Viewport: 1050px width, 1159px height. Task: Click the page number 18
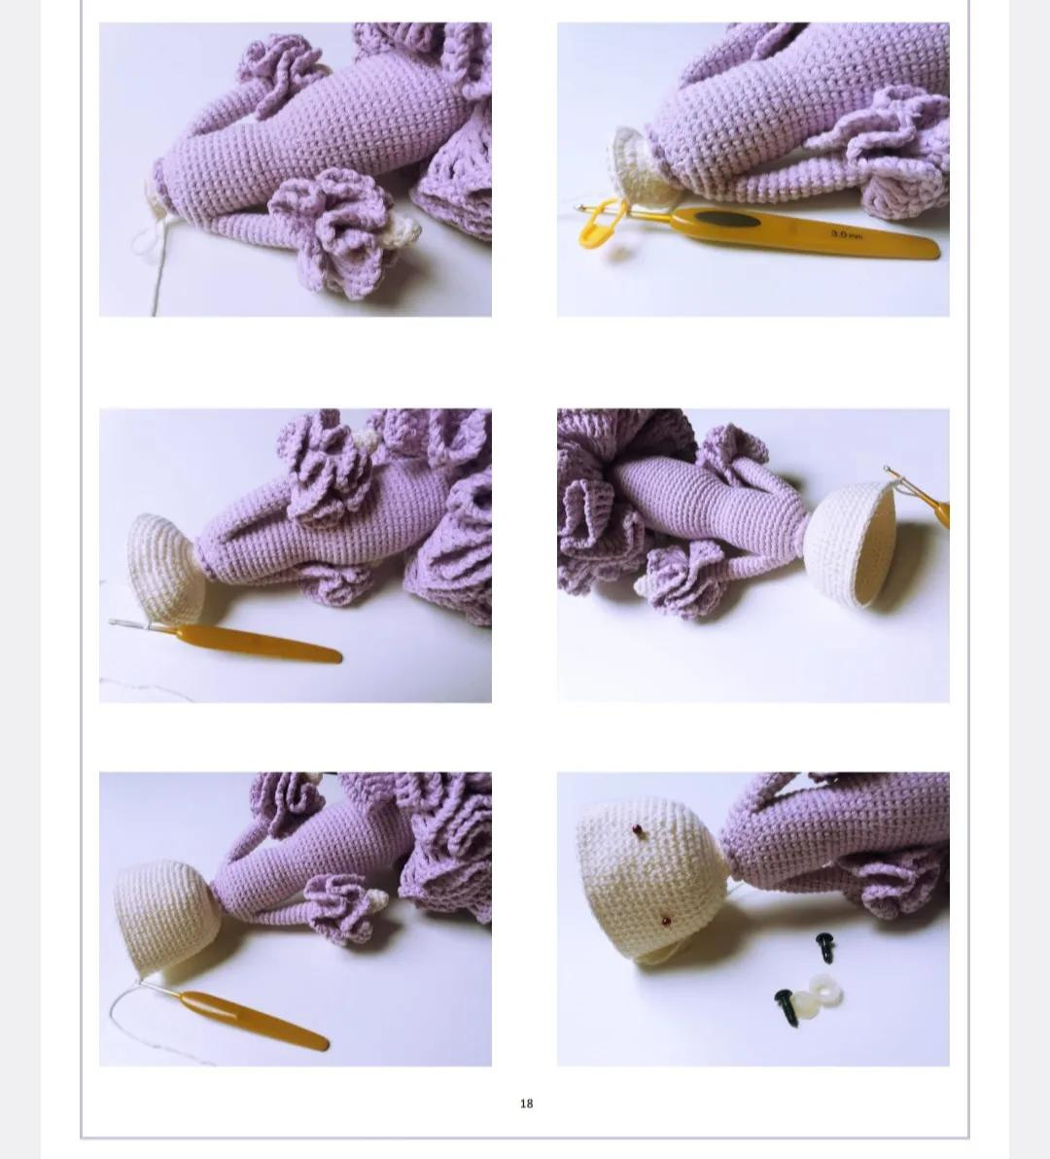click(526, 1104)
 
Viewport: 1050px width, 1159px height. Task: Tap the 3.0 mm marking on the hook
click(847, 235)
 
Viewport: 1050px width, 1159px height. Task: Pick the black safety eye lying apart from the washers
click(825, 946)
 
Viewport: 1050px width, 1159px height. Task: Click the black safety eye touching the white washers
click(785, 1006)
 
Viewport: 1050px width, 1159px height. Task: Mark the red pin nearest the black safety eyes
click(665, 919)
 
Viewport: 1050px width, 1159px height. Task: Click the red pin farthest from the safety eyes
click(638, 829)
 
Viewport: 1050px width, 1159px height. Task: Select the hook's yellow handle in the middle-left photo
click(258, 644)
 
